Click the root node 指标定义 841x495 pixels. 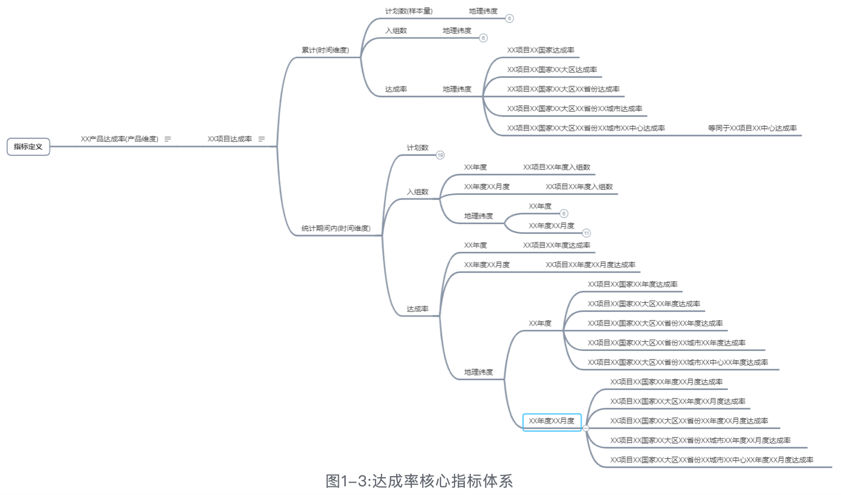pos(28,147)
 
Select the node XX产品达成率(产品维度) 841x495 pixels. pos(119,139)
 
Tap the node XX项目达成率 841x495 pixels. pos(229,139)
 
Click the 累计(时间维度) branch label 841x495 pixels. pos(325,50)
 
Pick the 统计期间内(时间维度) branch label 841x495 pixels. pos(336,229)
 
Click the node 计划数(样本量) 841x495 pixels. pos(409,11)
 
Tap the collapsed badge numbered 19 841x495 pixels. pos(440,155)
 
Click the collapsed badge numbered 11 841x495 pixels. pos(586,233)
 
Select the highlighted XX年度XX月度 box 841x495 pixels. pos(551,421)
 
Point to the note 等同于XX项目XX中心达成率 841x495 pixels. pos(752,128)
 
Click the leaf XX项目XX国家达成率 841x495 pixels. pos(541,50)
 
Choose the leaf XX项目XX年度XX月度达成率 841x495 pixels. pos(590,265)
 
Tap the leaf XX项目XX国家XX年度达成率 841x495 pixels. pos(633,284)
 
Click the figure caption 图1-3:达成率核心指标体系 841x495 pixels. pos(419,481)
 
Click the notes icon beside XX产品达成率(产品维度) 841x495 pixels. pos(168,139)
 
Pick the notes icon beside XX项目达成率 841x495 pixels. pos(261,139)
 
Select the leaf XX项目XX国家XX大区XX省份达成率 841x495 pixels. pos(563,89)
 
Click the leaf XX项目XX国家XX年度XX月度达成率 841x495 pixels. pos(666,382)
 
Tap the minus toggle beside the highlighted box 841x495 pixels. pos(586,428)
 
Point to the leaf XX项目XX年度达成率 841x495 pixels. pos(556,245)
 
